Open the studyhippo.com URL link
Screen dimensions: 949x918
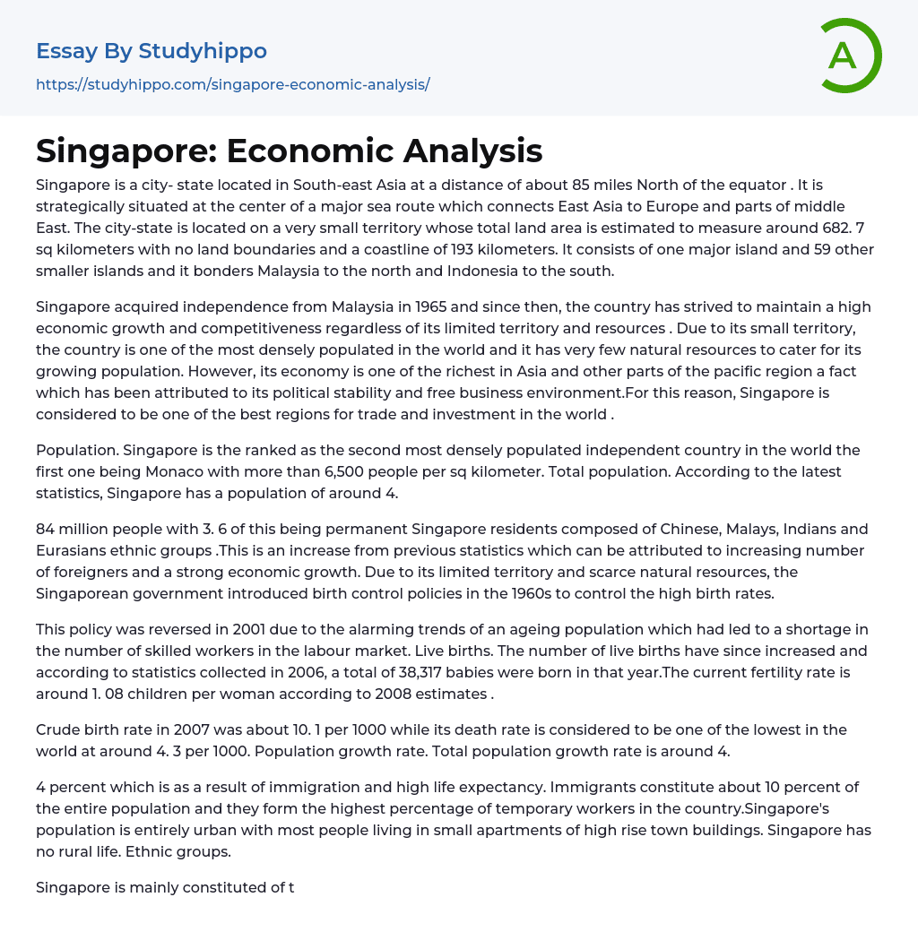233,84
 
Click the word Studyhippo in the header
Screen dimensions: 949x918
203,51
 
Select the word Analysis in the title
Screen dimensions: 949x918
472,151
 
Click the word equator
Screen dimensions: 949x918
751,185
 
